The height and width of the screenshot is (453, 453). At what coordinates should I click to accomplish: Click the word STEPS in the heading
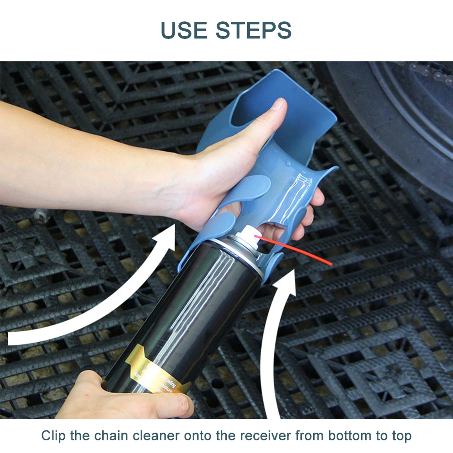253,30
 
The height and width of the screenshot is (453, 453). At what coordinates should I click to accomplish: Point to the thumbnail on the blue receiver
280,105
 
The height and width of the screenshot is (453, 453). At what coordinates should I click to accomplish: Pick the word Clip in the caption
53,436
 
